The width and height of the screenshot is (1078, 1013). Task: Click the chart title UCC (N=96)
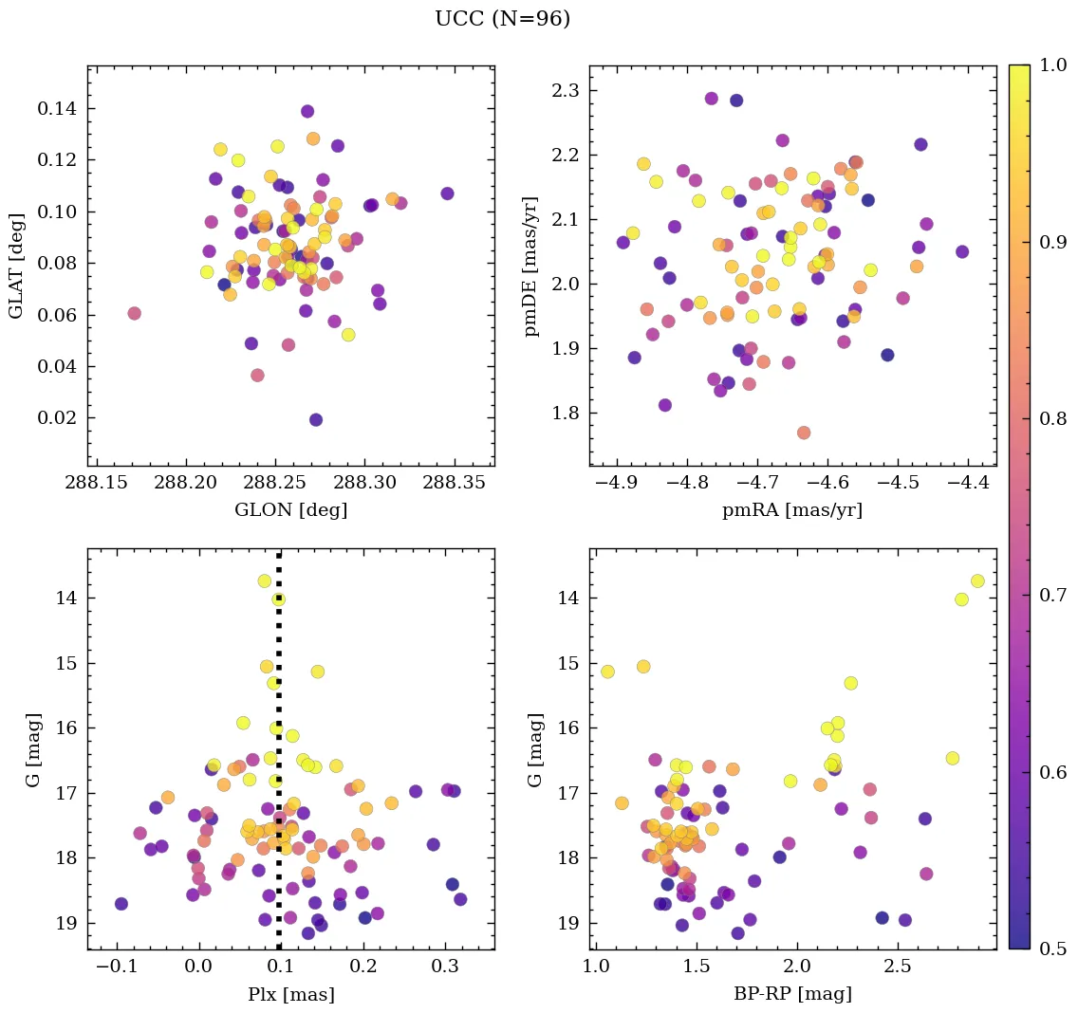pos(502,19)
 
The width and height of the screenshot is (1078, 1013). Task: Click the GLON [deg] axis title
pos(290,510)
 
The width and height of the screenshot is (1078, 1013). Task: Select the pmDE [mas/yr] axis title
pos(531,267)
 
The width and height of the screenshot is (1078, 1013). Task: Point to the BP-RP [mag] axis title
pos(792,994)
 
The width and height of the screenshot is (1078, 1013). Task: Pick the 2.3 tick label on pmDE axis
pos(567,91)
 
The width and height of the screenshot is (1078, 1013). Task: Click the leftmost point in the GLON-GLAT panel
pos(134,313)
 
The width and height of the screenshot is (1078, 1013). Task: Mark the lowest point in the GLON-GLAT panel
pos(316,419)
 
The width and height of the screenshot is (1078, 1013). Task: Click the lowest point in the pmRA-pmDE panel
pos(804,433)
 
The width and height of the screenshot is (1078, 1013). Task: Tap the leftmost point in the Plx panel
pos(121,903)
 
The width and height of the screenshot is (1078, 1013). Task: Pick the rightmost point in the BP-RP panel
pos(977,580)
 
